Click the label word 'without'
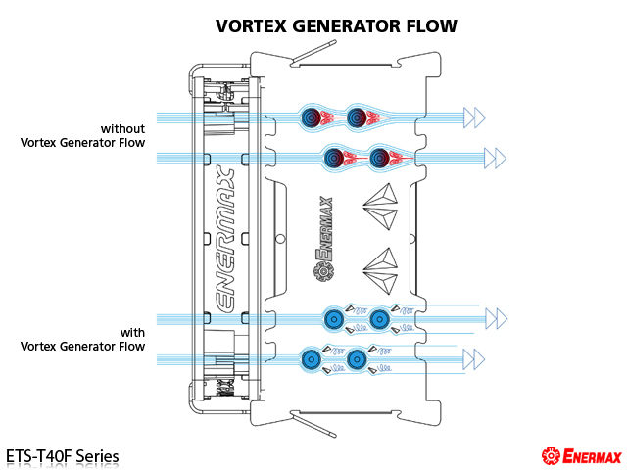pos(122,128)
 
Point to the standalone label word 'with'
pos(132,332)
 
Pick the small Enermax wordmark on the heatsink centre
pos(324,240)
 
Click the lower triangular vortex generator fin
pos(383,264)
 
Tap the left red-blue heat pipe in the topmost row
pos(312,118)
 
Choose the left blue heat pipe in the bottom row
pos(312,359)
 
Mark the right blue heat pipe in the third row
pos(380,317)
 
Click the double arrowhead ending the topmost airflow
pos(474,118)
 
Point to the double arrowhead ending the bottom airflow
pos(474,358)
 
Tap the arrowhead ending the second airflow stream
pos(495,157)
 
